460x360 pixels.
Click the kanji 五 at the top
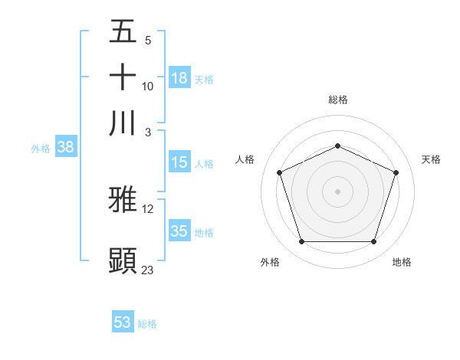pos(123,31)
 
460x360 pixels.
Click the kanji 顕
pos(123,260)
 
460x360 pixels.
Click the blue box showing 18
pos(179,77)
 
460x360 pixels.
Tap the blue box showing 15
pos(179,162)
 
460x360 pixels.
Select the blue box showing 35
pos(179,231)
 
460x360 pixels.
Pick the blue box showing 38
pos(65,148)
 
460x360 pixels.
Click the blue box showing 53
pos(123,322)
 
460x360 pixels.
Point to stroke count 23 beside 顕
pos(148,270)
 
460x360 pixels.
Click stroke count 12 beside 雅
pos(148,208)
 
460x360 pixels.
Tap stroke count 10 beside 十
pos(148,86)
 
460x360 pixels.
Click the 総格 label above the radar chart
pos(338,100)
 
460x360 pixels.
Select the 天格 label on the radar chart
pos(432,159)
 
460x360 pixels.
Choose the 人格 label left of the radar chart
pos(245,159)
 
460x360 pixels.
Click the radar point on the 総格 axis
pos(338,146)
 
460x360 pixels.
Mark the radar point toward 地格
pos(374,242)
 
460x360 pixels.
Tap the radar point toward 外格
pos(301,242)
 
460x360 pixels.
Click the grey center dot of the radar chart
pos(338,191)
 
